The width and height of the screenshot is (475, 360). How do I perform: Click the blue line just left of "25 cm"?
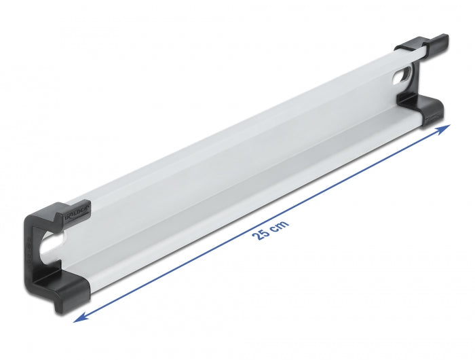point(224,255)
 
